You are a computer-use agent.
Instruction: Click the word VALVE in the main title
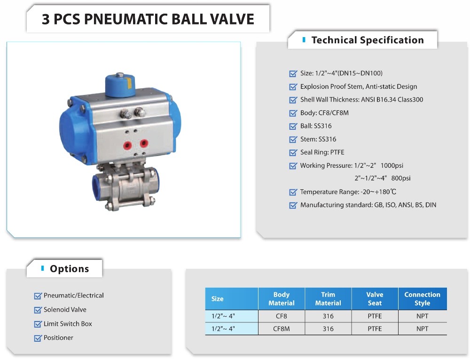point(232,19)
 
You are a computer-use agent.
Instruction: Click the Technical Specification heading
point(368,40)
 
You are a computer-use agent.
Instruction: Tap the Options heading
point(69,268)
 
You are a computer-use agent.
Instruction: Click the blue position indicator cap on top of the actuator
point(120,85)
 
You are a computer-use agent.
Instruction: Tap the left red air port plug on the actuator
point(127,146)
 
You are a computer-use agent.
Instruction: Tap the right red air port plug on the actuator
point(144,143)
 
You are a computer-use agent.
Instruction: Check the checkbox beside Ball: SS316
point(293,126)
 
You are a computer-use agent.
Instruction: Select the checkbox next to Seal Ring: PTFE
point(293,153)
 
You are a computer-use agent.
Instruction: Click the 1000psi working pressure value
point(392,165)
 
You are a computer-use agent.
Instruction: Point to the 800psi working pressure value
point(401,178)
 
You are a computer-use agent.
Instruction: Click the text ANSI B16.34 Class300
point(392,100)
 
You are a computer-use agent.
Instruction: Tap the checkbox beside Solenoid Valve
point(38,310)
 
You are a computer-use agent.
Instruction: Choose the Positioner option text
point(58,338)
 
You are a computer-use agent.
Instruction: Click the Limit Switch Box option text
point(68,324)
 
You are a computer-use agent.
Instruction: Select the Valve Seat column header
point(375,298)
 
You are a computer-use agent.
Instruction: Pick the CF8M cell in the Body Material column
point(281,329)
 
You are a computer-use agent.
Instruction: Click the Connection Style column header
point(422,298)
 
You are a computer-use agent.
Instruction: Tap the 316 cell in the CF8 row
point(328,316)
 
